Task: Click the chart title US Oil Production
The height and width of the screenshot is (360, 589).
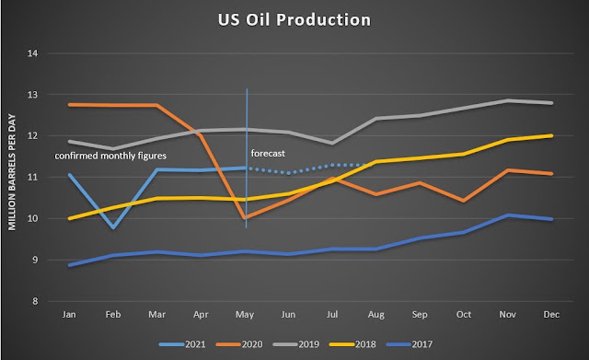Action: pyautogui.click(x=294, y=20)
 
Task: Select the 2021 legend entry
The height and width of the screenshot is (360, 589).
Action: pyautogui.click(x=182, y=344)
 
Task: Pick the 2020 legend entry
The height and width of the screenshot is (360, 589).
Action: pyautogui.click(x=239, y=344)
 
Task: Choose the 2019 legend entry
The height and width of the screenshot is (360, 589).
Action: pyautogui.click(x=296, y=344)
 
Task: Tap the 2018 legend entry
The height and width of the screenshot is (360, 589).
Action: pyautogui.click(x=352, y=344)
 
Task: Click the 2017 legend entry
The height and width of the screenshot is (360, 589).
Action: pyautogui.click(x=410, y=344)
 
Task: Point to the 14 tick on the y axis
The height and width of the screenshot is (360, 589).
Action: pyautogui.click(x=33, y=53)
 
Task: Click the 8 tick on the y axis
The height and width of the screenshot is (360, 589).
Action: pyautogui.click(x=35, y=301)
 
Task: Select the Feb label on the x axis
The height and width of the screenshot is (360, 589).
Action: pyautogui.click(x=113, y=314)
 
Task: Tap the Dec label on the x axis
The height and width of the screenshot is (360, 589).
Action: pyautogui.click(x=551, y=314)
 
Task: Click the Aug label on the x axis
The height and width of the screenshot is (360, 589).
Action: pyautogui.click(x=376, y=315)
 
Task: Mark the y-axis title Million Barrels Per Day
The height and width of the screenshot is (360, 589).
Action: pyautogui.click(x=12, y=172)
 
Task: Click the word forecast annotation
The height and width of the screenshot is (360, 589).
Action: pyautogui.click(x=268, y=154)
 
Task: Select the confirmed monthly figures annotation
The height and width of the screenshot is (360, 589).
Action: pyautogui.click(x=110, y=156)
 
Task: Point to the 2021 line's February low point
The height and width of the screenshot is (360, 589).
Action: pyautogui.click(x=113, y=227)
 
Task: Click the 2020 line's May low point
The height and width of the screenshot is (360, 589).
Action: pyautogui.click(x=246, y=218)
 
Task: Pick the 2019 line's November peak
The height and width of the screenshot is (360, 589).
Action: pyautogui.click(x=508, y=100)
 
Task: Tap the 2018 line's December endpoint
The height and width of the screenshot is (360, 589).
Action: pyautogui.click(x=551, y=135)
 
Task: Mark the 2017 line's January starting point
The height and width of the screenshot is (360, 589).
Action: pyautogui.click(x=70, y=265)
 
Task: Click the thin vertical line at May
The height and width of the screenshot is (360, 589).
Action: pyautogui.click(x=247, y=158)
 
